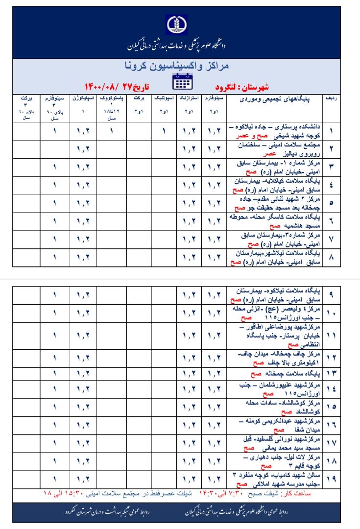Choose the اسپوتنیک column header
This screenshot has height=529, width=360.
pos(163,99)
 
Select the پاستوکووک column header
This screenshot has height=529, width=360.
pos(112,99)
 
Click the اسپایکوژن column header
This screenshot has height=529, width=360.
pos(84,99)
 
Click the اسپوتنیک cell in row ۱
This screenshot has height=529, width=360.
pos(163,131)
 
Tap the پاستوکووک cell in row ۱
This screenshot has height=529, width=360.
pos(112,131)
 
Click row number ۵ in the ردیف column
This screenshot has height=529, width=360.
pos(331,203)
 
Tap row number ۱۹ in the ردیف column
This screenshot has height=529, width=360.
pos(331,480)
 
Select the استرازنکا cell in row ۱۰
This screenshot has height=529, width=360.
pos(188,314)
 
